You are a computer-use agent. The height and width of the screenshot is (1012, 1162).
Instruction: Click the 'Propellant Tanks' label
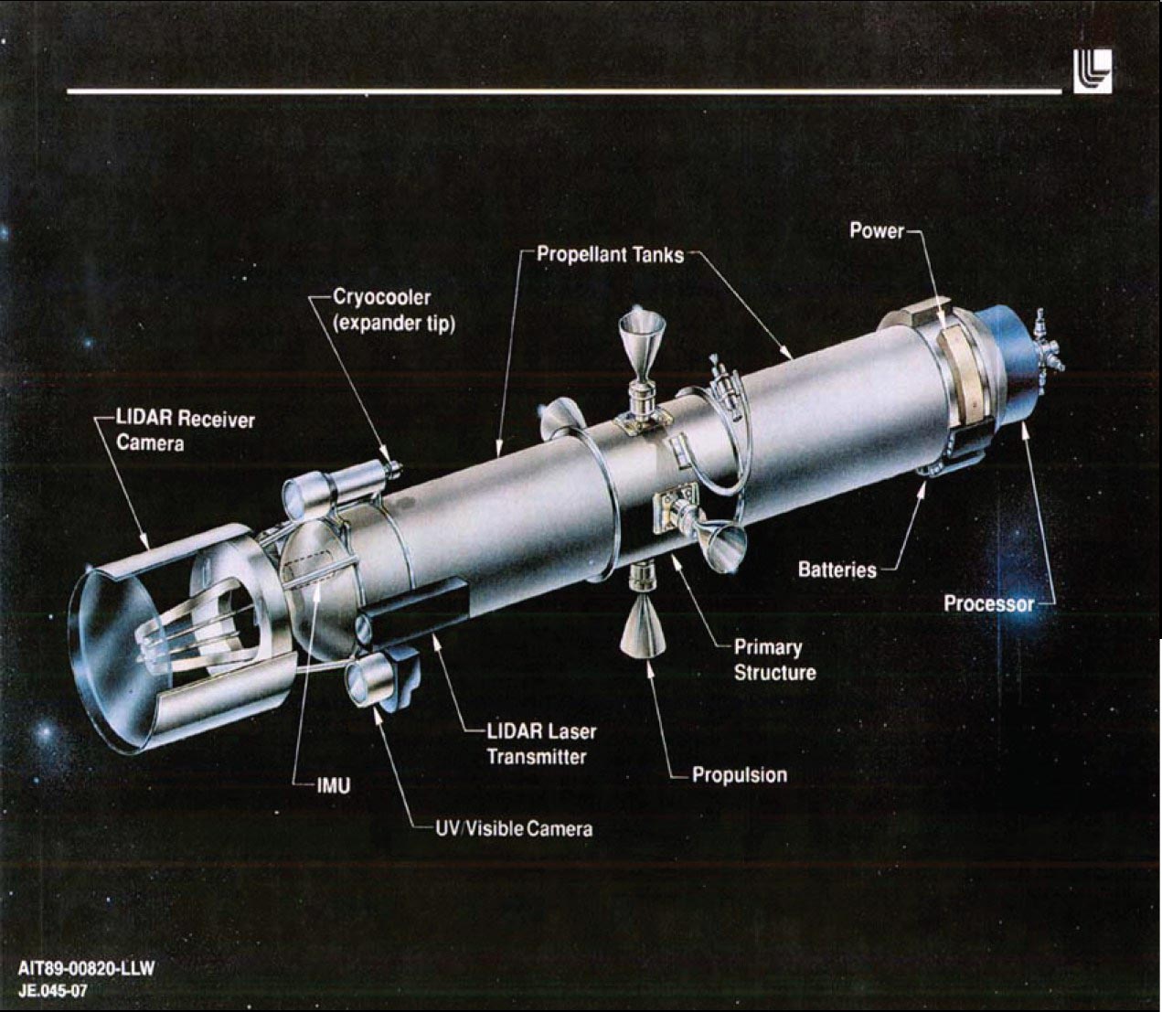pyautogui.click(x=610, y=255)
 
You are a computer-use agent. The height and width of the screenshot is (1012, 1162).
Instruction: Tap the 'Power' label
pyautogui.click(x=877, y=230)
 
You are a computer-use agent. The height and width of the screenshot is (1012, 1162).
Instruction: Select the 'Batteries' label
pyautogui.click(x=837, y=570)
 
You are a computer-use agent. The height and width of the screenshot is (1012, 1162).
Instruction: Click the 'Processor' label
pyautogui.click(x=989, y=603)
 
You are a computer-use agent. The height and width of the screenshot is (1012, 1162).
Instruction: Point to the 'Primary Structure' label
pyautogui.click(x=774, y=660)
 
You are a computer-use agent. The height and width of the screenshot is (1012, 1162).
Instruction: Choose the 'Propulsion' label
pyautogui.click(x=740, y=775)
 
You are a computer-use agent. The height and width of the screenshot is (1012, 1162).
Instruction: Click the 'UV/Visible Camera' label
pyautogui.click(x=514, y=829)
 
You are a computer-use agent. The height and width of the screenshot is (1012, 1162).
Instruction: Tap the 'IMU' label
pyautogui.click(x=334, y=786)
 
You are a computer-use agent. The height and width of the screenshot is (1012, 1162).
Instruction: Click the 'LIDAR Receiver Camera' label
pyautogui.click(x=186, y=431)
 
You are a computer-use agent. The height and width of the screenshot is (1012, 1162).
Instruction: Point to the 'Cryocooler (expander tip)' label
pyautogui.click(x=393, y=310)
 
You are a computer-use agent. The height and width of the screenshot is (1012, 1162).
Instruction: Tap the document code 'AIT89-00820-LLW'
pyautogui.click(x=86, y=968)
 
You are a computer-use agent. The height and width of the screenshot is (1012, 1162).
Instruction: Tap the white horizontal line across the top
pyautogui.click(x=564, y=91)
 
